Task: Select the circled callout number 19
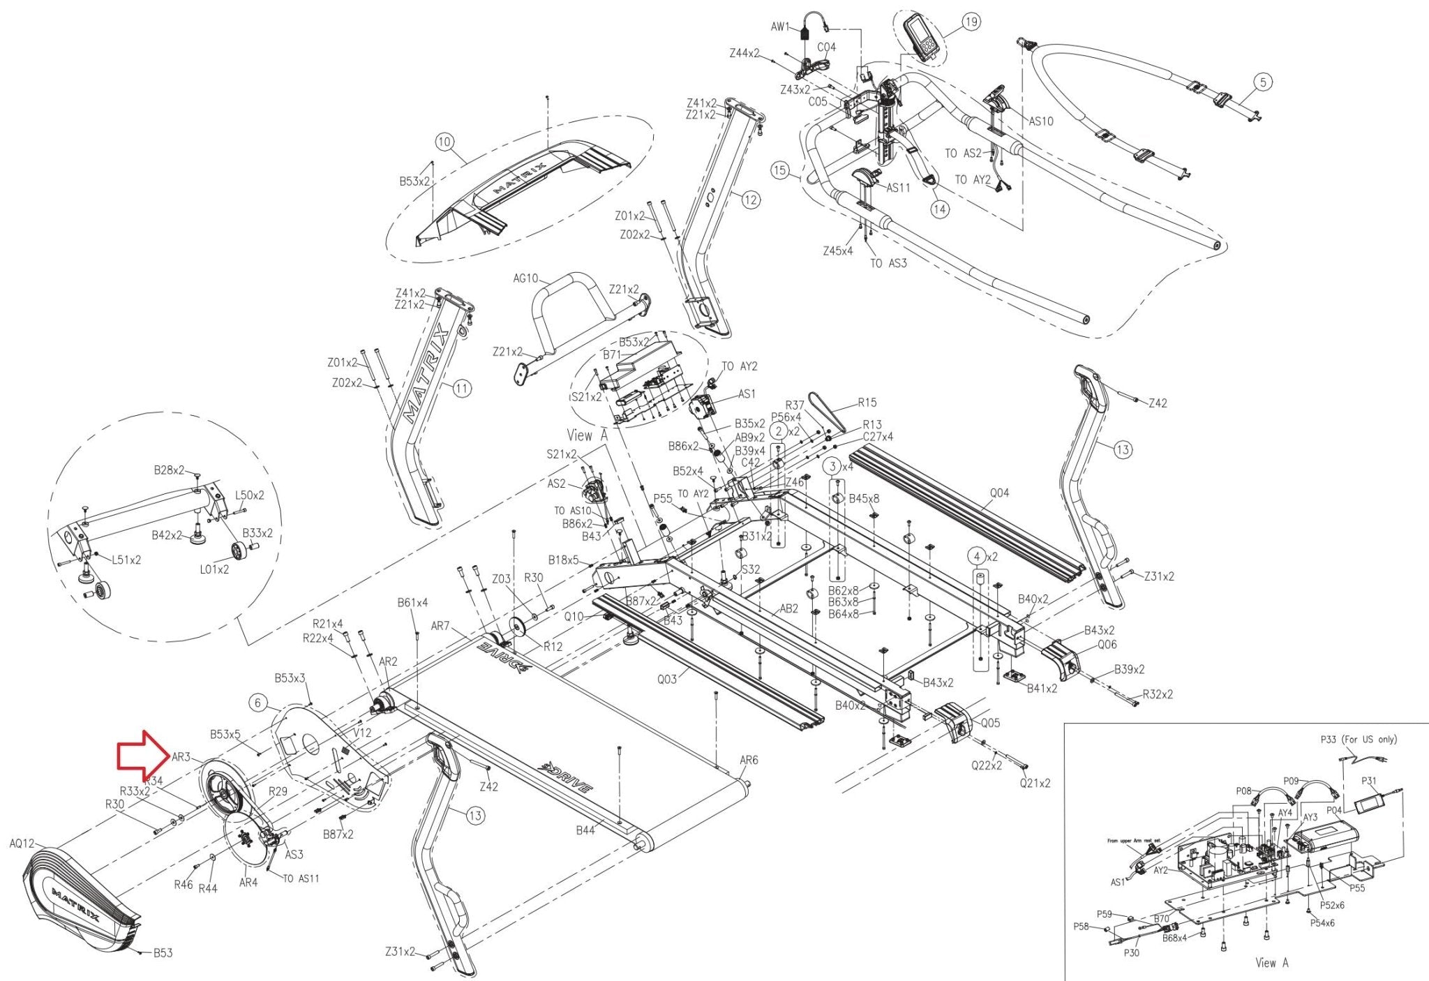coord(971,22)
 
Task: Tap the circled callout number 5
coord(1263,82)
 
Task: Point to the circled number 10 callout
coord(444,142)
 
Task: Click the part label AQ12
coord(22,844)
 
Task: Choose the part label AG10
coord(525,278)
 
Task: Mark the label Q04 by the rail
coord(999,493)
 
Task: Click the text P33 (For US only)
coord(1359,740)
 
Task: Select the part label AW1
coord(780,27)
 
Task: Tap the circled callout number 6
coord(258,703)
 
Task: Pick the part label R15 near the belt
coord(867,403)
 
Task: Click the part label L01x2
coord(214,569)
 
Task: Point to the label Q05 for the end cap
coord(990,723)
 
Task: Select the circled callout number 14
coord(941,209)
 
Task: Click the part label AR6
coord(749,760)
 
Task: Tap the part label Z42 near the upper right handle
coord(1158,403)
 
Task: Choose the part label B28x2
coord(170,470)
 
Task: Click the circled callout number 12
coord(750,200)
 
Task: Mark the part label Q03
coord(667,679)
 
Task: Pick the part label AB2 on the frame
coord(788,608)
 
